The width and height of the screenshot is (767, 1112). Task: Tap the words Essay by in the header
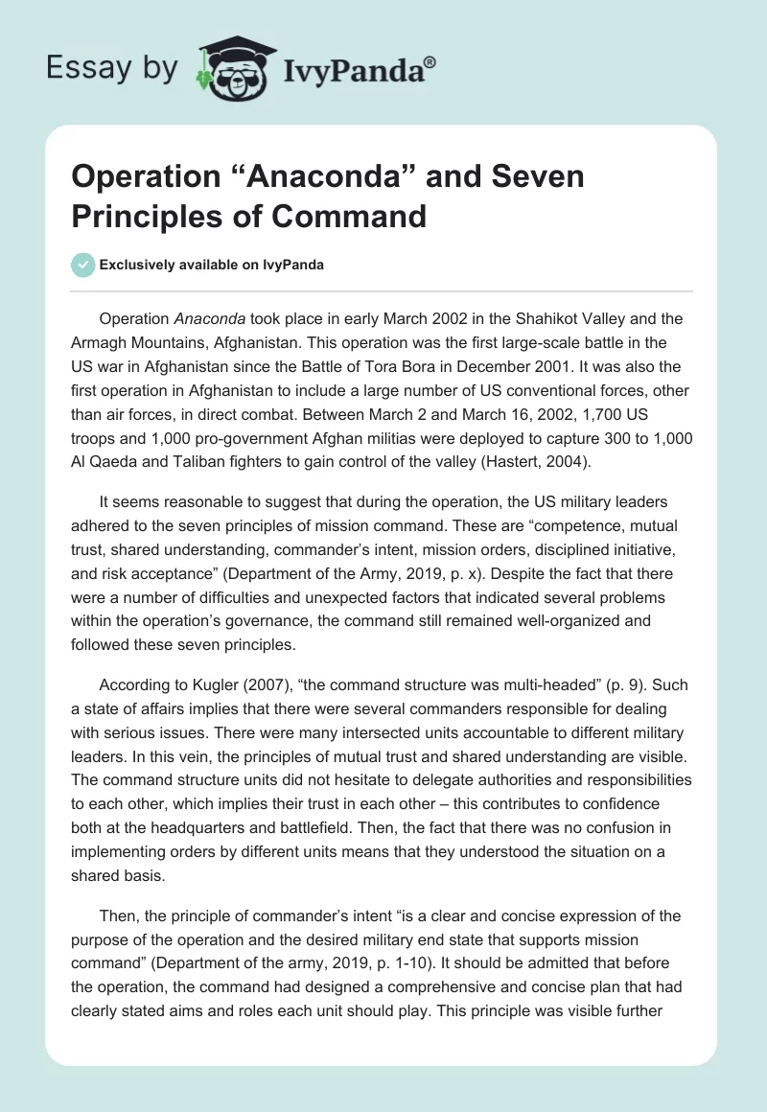tap(111, 66)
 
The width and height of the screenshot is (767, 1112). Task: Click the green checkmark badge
tap(83, 265)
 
